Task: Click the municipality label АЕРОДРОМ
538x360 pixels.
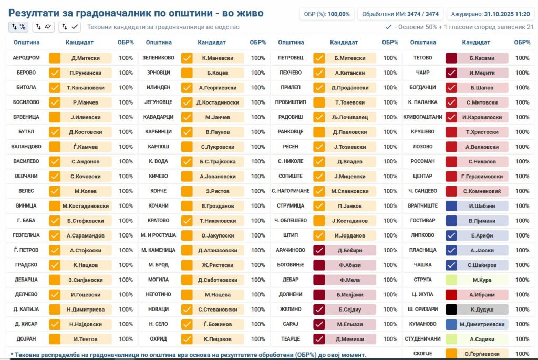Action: click(x=26, y=58)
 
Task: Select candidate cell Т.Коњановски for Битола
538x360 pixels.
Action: click(x=86, y=88)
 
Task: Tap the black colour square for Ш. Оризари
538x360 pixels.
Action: click(x=451, y=310)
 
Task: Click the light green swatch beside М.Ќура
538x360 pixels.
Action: click(x=451, y=280)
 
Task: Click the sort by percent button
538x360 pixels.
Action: click(x=18, y=26)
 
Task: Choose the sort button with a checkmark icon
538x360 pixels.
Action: click(x=70, y=26)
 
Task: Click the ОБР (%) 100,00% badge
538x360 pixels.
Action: click(x=326, y=14)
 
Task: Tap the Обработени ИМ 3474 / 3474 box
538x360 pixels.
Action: click(x=399, y=14)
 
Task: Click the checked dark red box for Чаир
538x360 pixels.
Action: click(x=451, y=73)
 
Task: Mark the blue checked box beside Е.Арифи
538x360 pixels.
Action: click(x=451, y=235)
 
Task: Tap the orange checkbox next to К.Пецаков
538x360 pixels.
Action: click(x=187, y=339)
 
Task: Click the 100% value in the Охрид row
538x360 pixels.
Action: click(x=258, y=339)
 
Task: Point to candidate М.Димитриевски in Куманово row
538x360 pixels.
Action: click(x=483, y=324)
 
